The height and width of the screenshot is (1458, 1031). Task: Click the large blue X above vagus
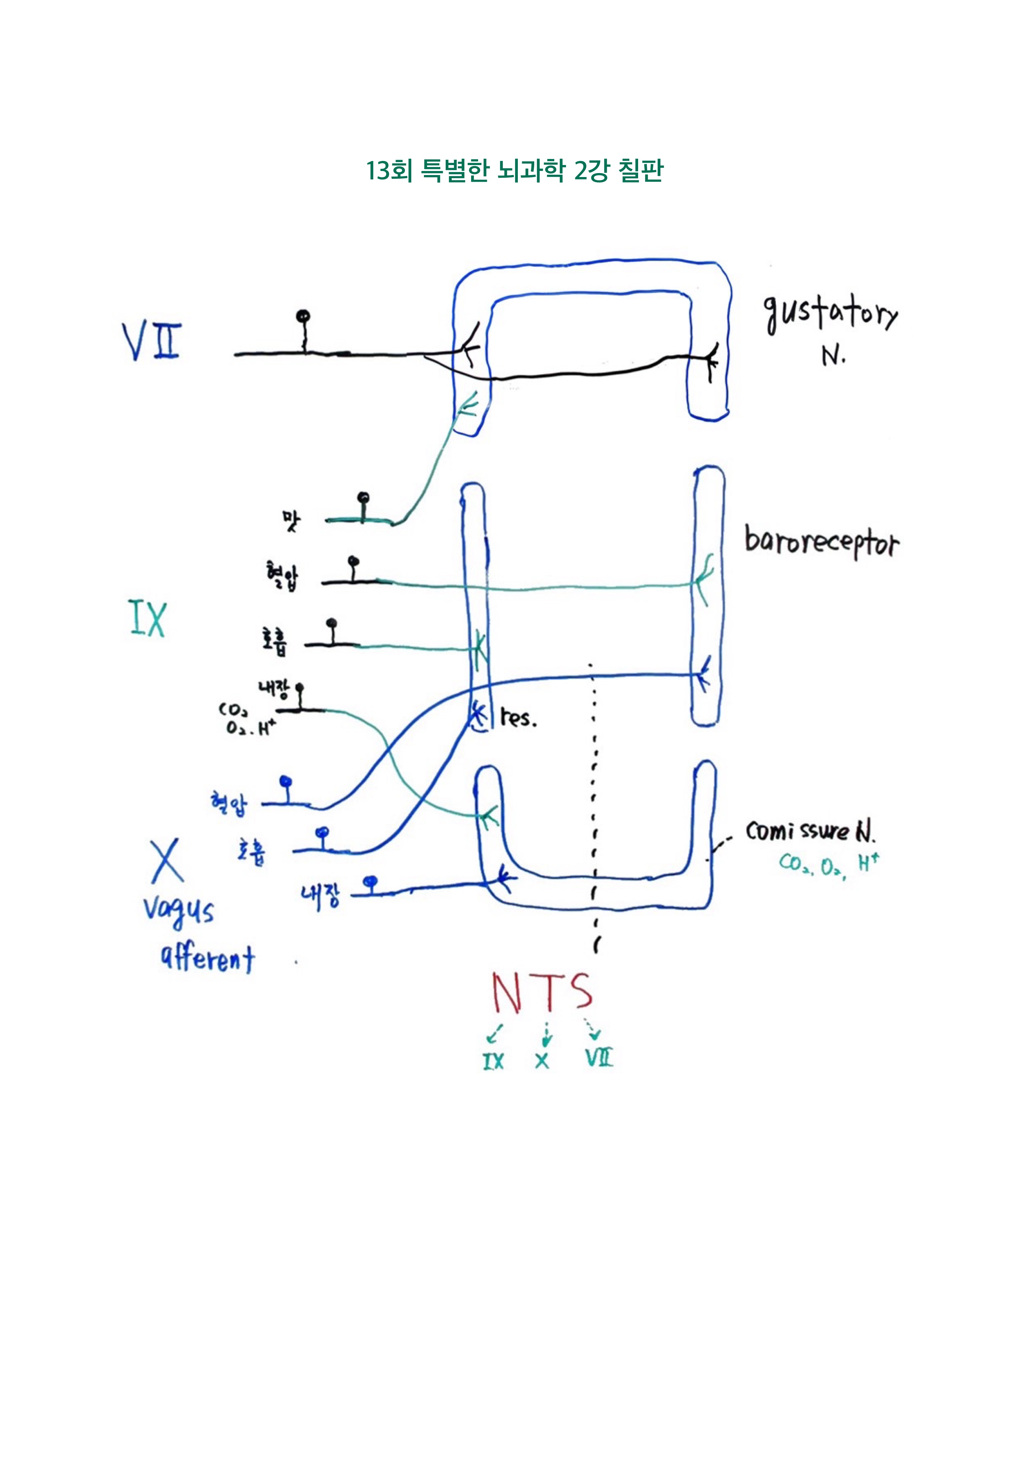coord(167,860)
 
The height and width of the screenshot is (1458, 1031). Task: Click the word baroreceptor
coord(822,543)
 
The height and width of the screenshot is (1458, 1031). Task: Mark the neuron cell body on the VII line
coord(304,316)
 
